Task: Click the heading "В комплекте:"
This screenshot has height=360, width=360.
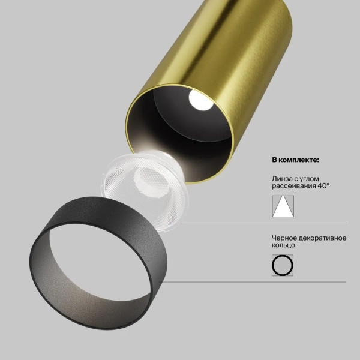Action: (x=296, y=161)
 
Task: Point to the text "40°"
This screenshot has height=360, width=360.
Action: (x=322, y=186)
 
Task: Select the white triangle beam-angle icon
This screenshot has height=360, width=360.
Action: (x=283, y=206)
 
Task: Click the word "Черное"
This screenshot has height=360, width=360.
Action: (x=284, y=238)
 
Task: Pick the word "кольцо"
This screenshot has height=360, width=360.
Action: (x=283, y=245)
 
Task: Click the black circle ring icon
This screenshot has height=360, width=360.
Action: (x=283, y=265)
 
